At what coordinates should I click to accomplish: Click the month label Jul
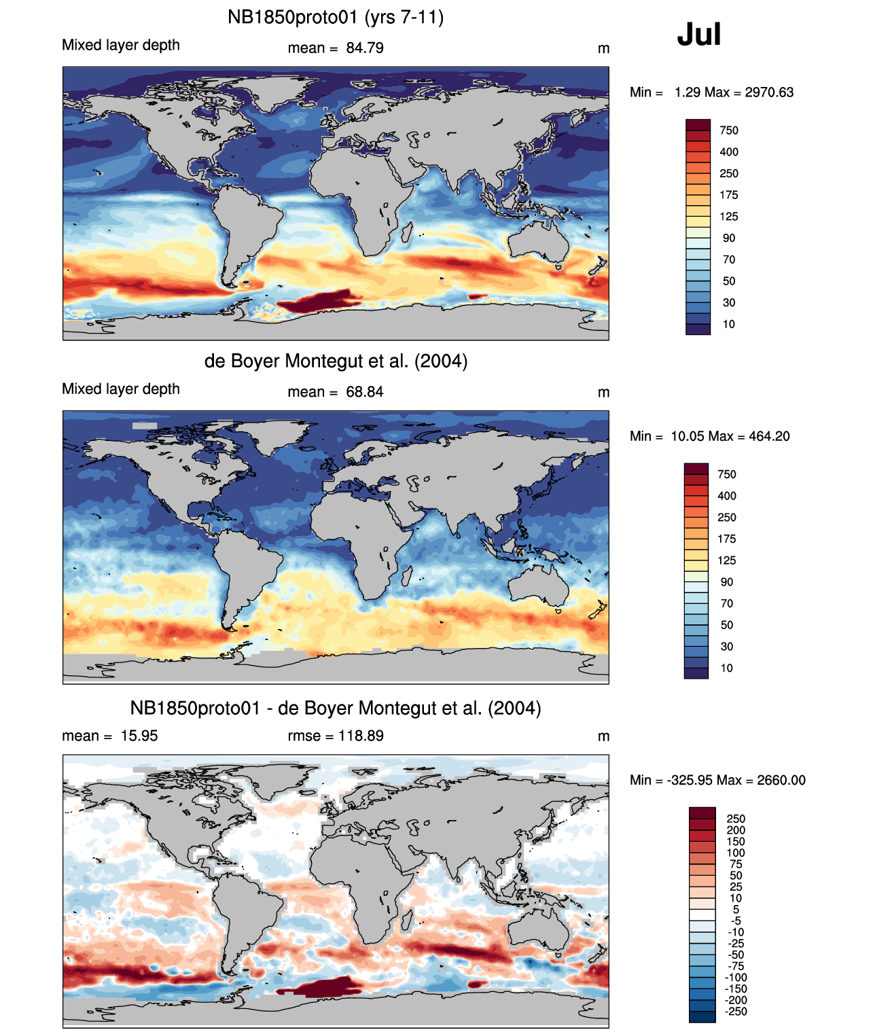tap(699, 35)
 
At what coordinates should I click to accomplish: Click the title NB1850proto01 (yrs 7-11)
tap(336, 18)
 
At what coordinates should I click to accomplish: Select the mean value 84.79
tap(365, 48)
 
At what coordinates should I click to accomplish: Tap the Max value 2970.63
tap(769, 92)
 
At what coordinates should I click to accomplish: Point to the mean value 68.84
tap(365, 392)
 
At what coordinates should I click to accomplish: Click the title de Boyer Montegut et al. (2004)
tap(336, 361)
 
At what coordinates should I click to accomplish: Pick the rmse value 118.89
tap(361, 735)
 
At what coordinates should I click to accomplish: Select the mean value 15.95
tap(139, 735)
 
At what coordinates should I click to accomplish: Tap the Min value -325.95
tap(692, 780)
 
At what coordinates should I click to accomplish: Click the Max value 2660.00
tap(781, 780)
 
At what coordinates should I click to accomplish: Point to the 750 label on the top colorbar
tap(729, 130)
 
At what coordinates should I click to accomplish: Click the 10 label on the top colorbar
tap(729, 324)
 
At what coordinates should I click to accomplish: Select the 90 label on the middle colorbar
tap(727, 582)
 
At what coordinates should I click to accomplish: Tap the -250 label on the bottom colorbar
tap(736, 1011)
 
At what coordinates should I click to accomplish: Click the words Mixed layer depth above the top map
tap(121, 45)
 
